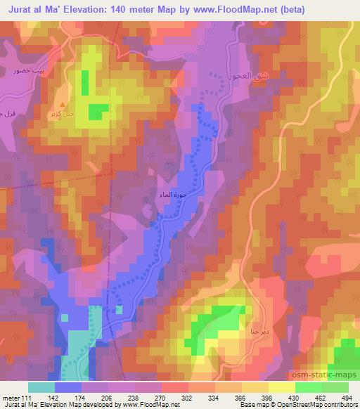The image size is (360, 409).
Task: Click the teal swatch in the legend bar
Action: click(x=41, y=387)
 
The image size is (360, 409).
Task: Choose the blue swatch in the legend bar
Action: click(x=68, y=387)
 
